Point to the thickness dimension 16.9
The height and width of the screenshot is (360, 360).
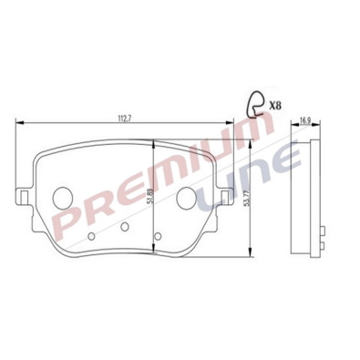[305, 119]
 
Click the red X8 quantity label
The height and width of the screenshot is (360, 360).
[274, 106]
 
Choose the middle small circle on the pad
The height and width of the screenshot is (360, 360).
[124, 226]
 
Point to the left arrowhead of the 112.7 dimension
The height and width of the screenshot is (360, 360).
[20, 126]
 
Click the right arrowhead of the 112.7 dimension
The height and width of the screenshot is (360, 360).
[228, 126]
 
